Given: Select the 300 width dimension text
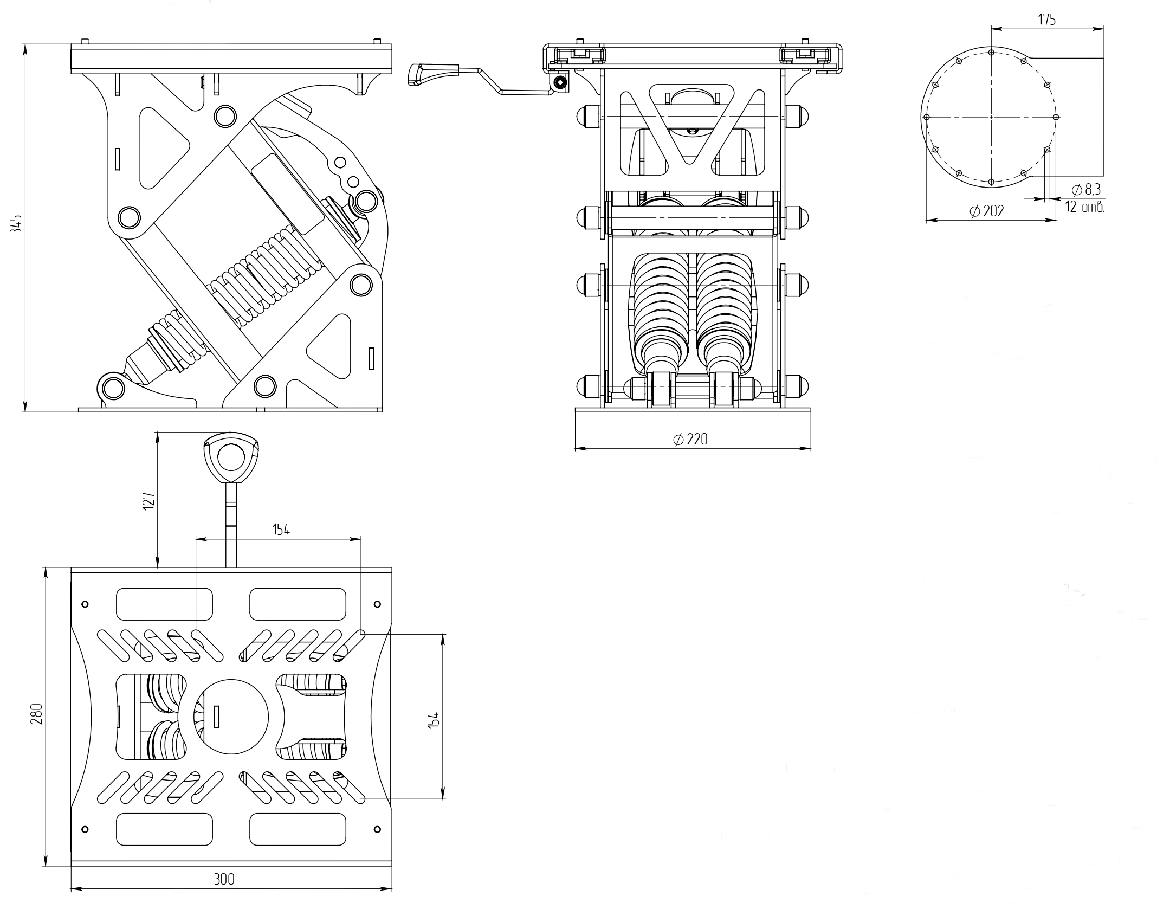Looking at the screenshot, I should click(224, 879).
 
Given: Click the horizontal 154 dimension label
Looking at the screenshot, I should click(281, 530).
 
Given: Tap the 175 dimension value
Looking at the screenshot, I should click(1046, 20).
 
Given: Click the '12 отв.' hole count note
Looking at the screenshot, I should click(1084, 207).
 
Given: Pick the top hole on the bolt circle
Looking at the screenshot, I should click(991, 53).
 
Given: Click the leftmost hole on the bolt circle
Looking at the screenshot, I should click(927, 117).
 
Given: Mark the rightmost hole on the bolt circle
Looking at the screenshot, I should click(1055, 117).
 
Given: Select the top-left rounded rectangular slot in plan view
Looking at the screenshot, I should click(164, 604).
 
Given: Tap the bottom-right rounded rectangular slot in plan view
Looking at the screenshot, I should click(298, 829).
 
